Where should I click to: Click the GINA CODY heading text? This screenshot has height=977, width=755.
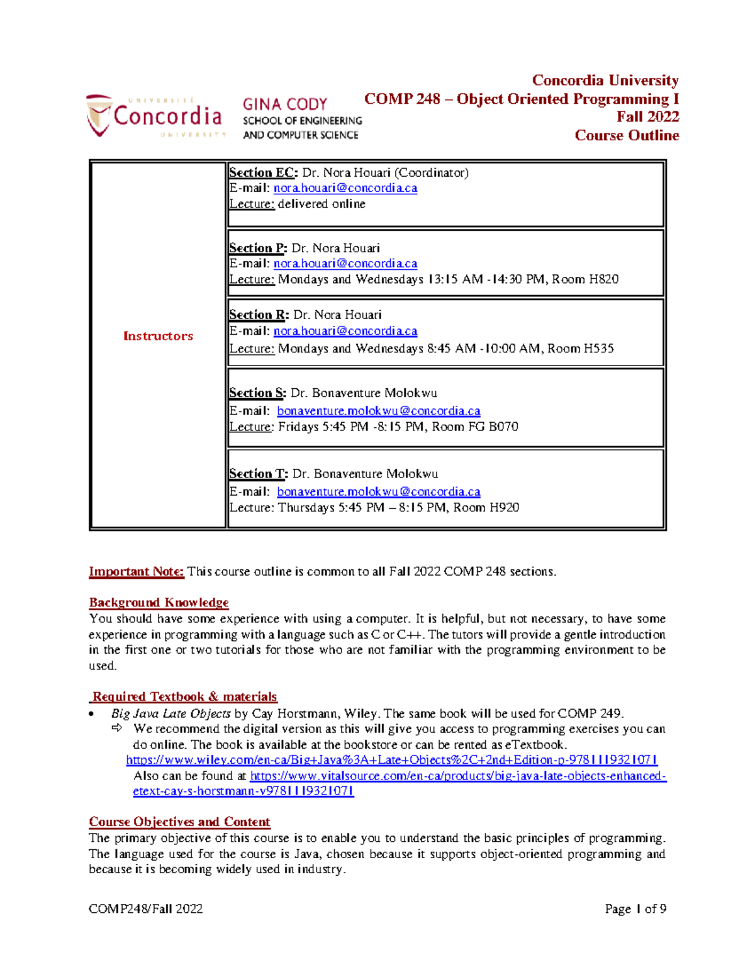click(285, 104)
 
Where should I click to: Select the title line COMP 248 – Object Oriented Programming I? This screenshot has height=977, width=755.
click(521, 99)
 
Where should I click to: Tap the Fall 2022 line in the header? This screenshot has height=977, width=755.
click(647, 117)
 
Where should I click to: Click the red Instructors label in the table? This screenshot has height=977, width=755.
click(158, 336)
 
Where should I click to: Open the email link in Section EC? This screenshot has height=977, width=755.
click(345, 188)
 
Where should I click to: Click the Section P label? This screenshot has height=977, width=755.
click(257, 248)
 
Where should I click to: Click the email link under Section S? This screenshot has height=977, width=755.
click(378, 411)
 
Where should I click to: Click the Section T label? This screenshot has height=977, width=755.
click(258, 474)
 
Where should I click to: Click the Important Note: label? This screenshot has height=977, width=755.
click(136, 571)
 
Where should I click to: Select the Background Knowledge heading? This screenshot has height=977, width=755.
click(159, 603)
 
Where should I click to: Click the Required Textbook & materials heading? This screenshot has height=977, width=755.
click(184, 696)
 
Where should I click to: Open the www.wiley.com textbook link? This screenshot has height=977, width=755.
click(391, 760)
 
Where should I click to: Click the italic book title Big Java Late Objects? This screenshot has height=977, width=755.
click(171, 713)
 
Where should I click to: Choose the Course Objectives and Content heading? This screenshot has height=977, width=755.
click(179, 822)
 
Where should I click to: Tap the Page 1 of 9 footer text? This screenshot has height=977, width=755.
click(635, 908)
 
